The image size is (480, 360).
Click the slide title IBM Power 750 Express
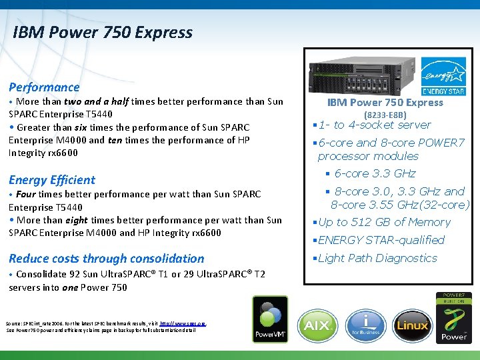coord(102,33)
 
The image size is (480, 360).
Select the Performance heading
coord(44,87)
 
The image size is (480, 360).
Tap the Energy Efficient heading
coord(52,180)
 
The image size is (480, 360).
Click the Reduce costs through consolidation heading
coord(107,259)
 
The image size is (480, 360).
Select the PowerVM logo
coord(269,319)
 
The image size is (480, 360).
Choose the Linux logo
coord(412,325)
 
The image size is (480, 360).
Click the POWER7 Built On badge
coord(454,317)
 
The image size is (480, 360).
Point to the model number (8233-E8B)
coord(385,115)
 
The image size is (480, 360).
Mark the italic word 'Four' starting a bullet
coord(26,194)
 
